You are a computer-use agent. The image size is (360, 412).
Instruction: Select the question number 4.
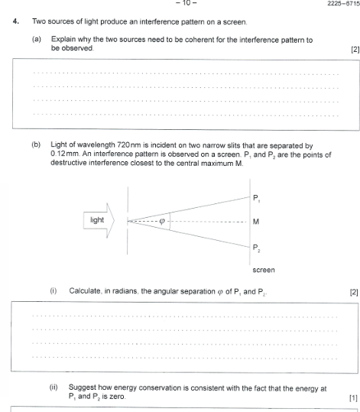pyautogui.click(x=15, y=21)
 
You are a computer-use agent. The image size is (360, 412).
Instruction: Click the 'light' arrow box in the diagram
pyautogui.click(x=99, y=221)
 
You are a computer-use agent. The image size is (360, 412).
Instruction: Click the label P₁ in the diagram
pyautogui.click(x=257, y=198)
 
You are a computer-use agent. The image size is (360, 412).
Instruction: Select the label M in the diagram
pyautogui.click(x=256, y=222)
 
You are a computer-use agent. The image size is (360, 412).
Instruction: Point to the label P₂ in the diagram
pyautogui.click(x=257, y=247)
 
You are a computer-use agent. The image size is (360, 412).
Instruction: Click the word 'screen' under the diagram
pyautogui.click(x=263, y=270)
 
